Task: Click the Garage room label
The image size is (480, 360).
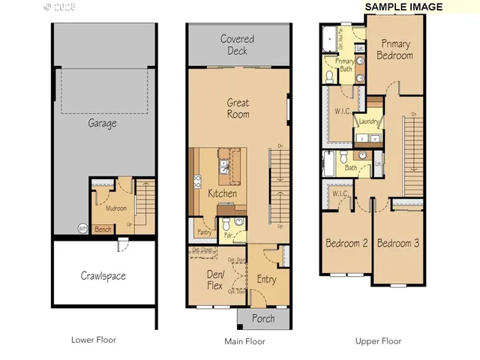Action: tap(103, 124)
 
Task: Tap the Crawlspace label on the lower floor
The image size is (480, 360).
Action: tap(103, 276)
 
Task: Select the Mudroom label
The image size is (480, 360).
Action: tap(115, 208)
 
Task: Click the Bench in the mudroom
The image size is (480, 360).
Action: tap(102, 229)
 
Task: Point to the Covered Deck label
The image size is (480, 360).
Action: tap(237, 44)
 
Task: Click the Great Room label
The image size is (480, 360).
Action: tap(238, 109)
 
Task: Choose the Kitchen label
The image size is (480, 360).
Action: tap(222, 193)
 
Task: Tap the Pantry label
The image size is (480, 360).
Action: tap(203, 232)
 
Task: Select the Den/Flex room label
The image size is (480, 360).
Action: tap(215, 280)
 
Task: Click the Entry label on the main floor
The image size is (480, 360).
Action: tap(266, 280)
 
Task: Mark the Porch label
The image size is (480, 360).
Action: tap(262, 319)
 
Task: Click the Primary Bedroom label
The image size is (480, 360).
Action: tap(394, 49)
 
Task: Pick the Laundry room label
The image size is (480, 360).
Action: tap(367, 121)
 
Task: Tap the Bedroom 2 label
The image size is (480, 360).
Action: tap(346, 244)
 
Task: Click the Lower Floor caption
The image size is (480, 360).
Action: tap(94, 340)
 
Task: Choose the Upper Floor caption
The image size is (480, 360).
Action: tap(378, 341)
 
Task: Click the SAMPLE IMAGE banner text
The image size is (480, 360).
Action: tap(403, 7)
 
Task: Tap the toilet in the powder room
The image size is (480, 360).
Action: tap(238, 222)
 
